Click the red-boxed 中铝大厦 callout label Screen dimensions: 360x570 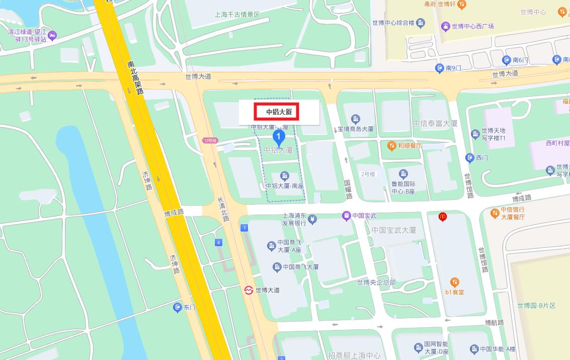279,112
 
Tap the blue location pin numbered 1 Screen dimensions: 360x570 279,136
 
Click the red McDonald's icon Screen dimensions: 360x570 442,217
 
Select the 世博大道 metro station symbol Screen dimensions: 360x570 248,290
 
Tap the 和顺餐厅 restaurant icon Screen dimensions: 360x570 391,146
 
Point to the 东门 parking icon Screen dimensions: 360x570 177,307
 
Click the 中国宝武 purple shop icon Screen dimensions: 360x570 346,216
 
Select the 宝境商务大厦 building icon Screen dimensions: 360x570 356,119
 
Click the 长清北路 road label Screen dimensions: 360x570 223,209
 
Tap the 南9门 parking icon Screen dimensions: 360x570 439,68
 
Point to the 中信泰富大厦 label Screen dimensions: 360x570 435,123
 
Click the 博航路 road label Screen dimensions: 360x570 494,322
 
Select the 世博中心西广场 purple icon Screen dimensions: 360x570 445,26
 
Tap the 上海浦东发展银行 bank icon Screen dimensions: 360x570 313,219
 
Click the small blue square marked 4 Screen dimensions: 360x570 218,243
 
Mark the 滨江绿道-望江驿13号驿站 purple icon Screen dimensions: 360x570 52,35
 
